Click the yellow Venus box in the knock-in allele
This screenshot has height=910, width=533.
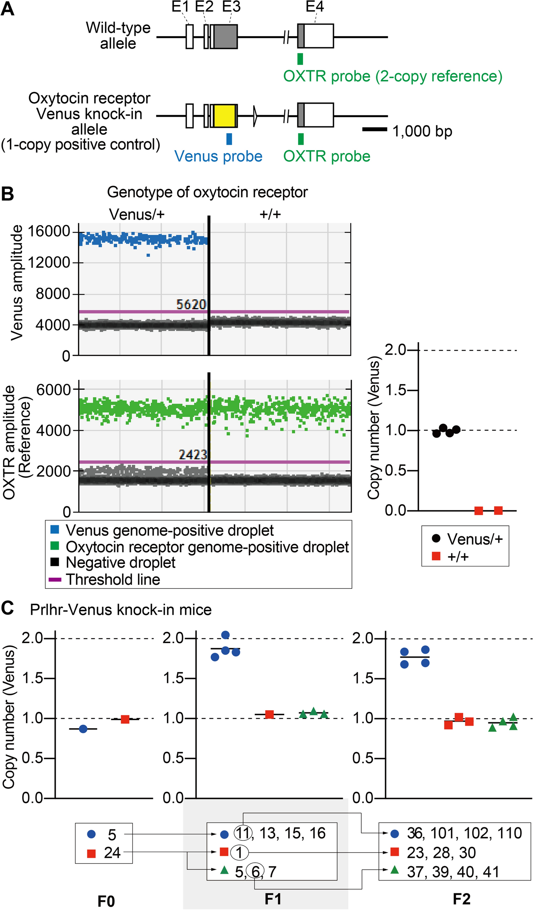pos(224,116)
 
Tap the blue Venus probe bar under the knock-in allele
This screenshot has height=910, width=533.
pos(229,139)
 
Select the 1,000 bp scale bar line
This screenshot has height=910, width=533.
pos(374,129)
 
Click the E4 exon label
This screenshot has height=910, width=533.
pos(314,6)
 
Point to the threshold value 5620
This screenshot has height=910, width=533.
pos(191,305)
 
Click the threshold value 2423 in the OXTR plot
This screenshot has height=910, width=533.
pos(193,454)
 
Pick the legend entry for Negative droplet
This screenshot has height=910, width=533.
pos(120,563)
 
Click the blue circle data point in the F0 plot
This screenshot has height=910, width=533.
pos(83,729)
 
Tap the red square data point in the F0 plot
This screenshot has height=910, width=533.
pos(125,719)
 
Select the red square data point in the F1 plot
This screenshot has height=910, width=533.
pos(269,714)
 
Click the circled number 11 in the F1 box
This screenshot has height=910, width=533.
pos(243,833)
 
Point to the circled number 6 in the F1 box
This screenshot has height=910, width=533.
pos(255,872)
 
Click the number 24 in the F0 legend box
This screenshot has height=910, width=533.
pos(112,853)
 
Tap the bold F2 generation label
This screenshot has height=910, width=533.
pos(462,898)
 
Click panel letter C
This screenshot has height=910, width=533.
pos(7,608)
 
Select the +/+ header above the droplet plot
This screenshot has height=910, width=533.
pos(270,214)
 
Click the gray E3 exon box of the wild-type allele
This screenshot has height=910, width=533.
pos(225,37)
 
